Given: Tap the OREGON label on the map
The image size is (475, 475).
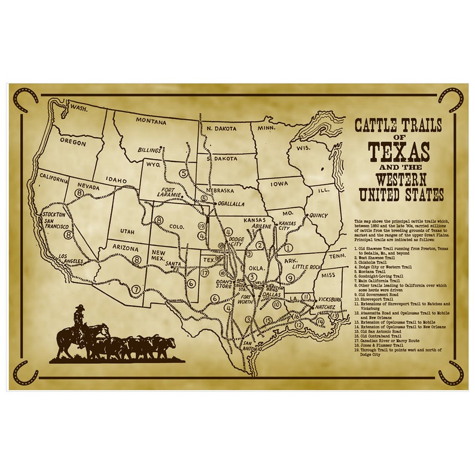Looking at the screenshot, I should click(x=72, y=142).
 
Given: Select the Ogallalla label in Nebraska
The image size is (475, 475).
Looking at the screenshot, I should click(x=230, y=204).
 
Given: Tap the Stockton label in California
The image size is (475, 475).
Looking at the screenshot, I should click(x=54, y=214).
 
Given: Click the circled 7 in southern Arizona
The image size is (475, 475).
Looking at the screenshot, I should click(x=136, y=290).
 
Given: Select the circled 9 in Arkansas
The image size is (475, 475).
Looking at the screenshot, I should click(x=290, y=277).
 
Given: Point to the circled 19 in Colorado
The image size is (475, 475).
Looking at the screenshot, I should click(x=202, y=226).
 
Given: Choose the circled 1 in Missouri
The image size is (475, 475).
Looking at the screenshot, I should click(x=288, y=247).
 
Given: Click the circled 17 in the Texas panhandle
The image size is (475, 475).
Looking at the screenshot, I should click(x=205, y=273).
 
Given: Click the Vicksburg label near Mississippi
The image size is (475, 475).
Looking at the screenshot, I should click(x=327, y=299).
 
